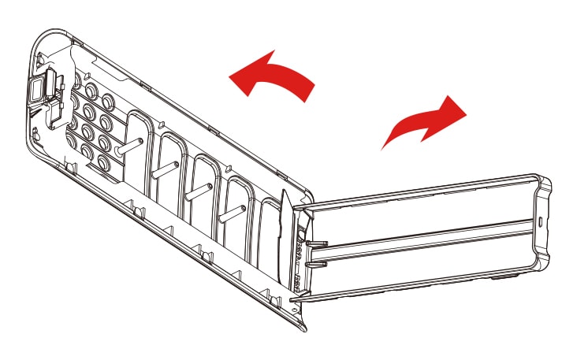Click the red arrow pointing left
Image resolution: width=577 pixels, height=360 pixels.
click(x=272, y=76)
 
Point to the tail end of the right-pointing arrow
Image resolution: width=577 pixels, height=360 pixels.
click(x=386, y=146)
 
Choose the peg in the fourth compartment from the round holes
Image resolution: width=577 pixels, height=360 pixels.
click(x=233, y=211)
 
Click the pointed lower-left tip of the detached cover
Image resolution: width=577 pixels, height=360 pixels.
click(x=293, y=301)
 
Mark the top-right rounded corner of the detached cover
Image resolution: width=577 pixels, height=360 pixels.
click(x=544, y=182)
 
